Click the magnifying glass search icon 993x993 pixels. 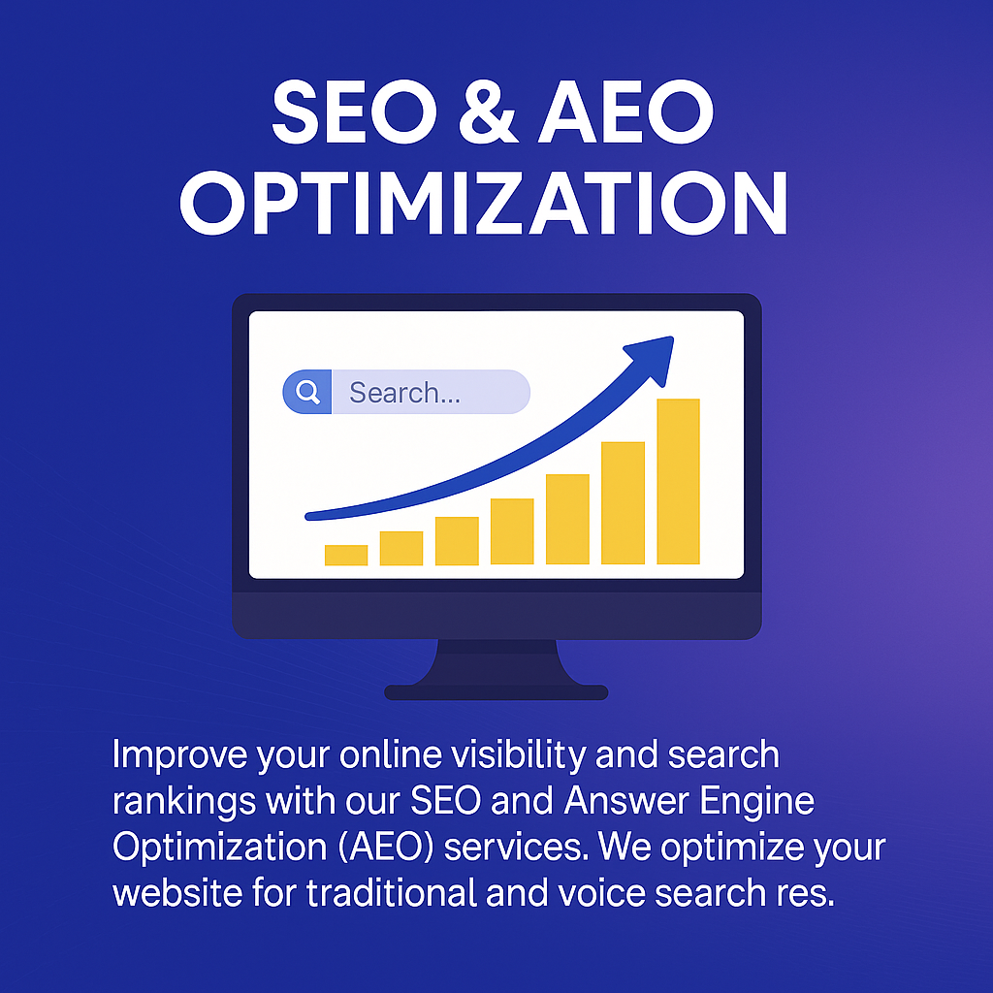pyautogui.click(x=307, y=392)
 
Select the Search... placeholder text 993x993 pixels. pyautogui.click(x=404, y=393)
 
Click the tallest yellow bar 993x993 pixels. pyautogui.click(x=678, y=481)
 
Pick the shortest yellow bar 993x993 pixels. pyautogui.click(x=346, y=555)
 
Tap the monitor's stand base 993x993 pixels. pyautogui.click(x=496, y=691)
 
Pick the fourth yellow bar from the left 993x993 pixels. pyautogui.click(x=512, y=531)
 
